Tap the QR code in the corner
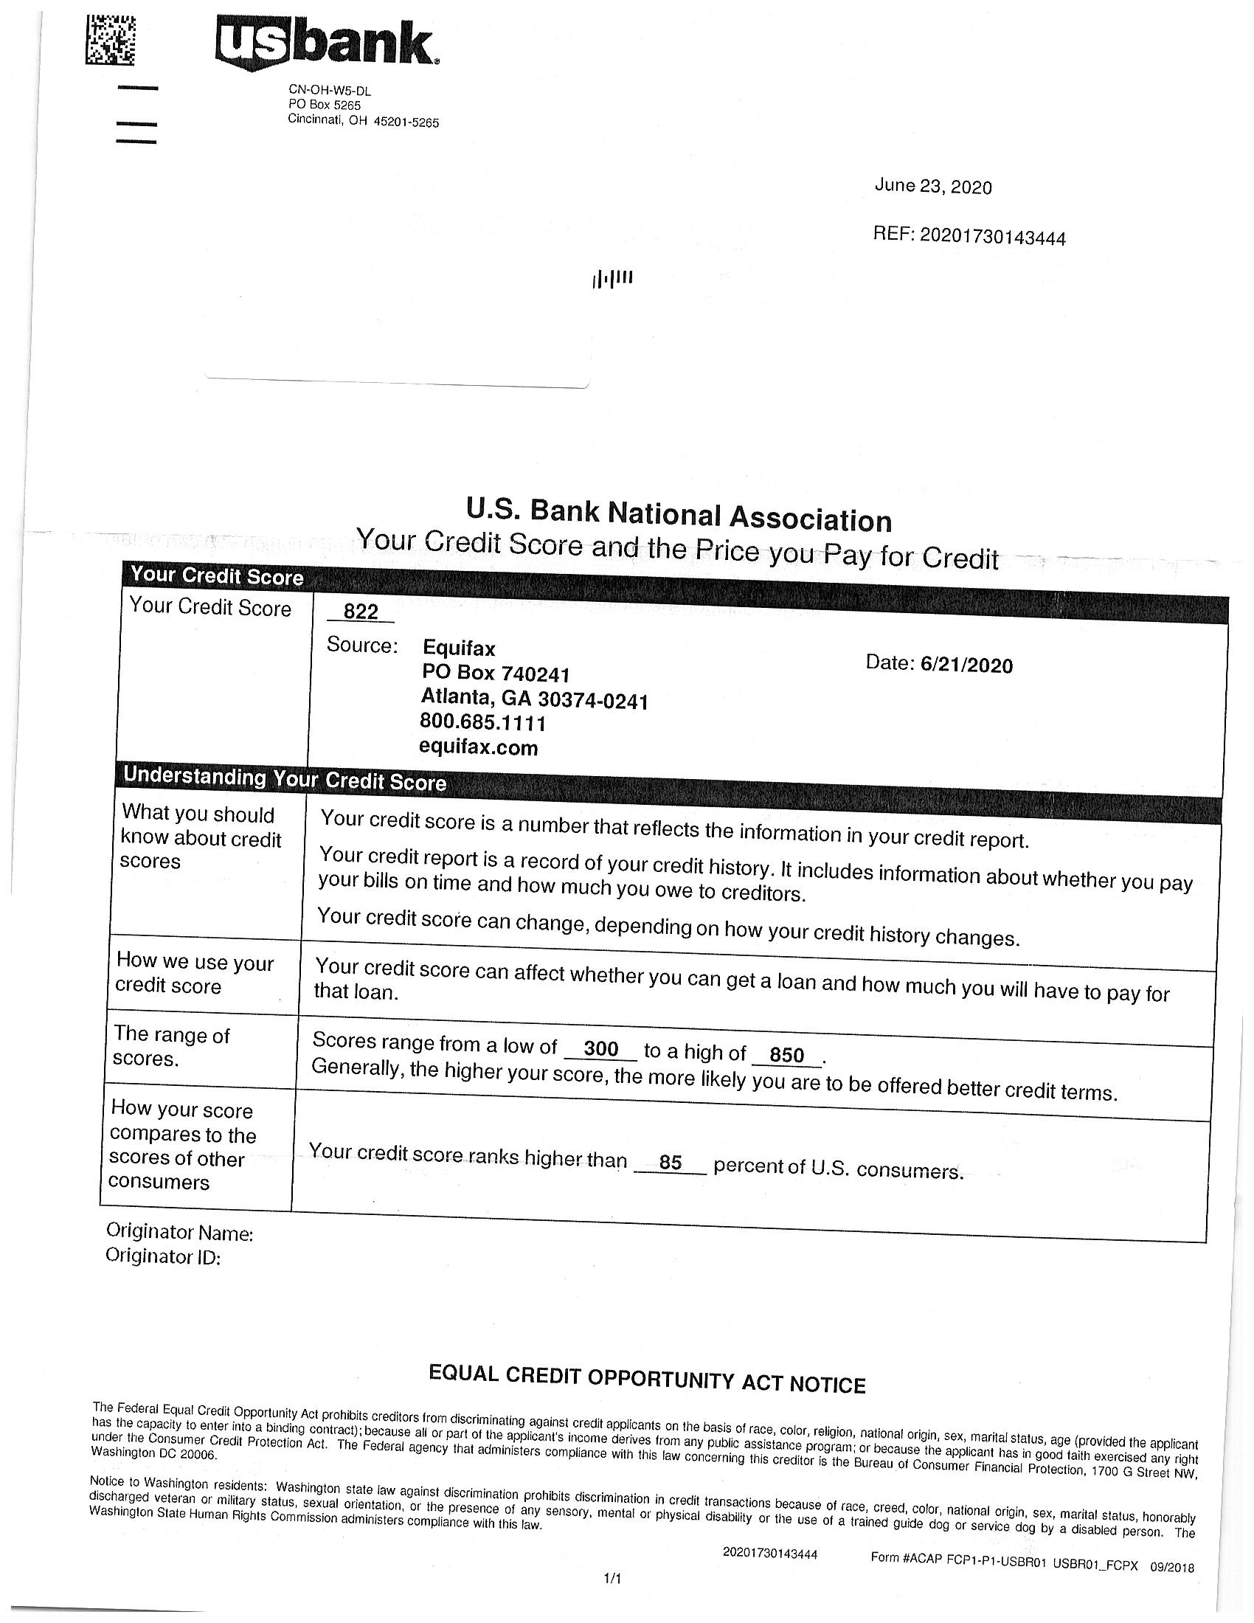(x=110, y=41)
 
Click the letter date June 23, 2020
(x=932, y=186)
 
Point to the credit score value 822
(x=361, y=612)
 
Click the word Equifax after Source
(x=458, y=648)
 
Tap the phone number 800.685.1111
(x=483, y=722)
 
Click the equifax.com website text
(x=479, y=747)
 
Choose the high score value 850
(x=787, y=1055)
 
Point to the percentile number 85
(x=670, y=1162)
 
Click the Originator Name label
(x=180, y=1232)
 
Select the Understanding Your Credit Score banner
(x=285, y=778)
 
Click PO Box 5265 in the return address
(x=324, y=105)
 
